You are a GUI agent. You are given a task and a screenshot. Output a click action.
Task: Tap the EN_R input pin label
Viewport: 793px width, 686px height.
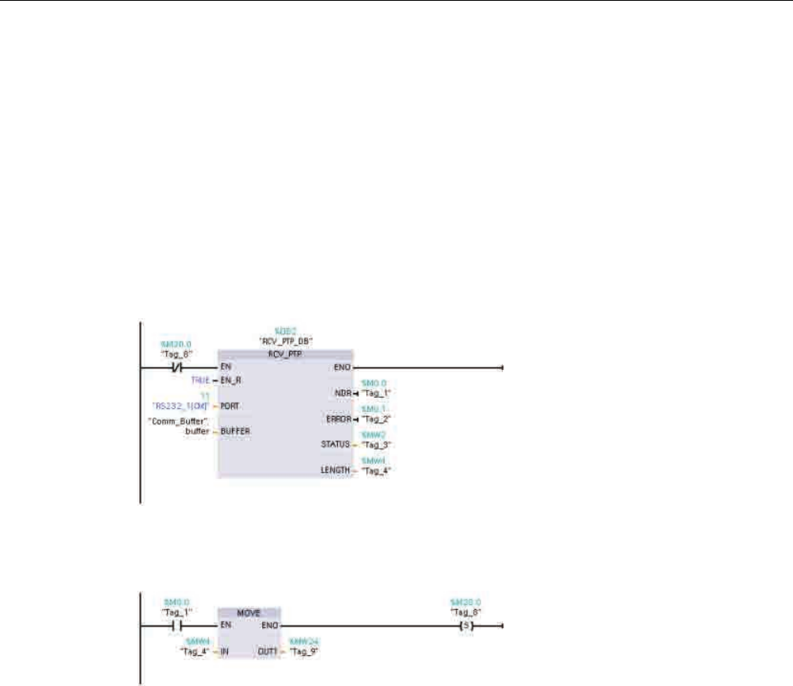pos(231,380)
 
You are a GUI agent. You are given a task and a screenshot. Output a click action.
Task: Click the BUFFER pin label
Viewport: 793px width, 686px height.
pos(236,431)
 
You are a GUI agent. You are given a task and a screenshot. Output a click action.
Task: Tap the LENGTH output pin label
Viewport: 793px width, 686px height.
pos(335,470)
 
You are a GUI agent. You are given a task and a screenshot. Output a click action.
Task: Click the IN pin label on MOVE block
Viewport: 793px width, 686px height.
pos(225,651)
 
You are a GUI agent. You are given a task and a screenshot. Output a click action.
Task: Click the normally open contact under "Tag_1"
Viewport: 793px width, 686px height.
pos(174,626)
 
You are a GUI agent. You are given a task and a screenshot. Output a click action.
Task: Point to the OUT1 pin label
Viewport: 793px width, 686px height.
pos(268,651)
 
